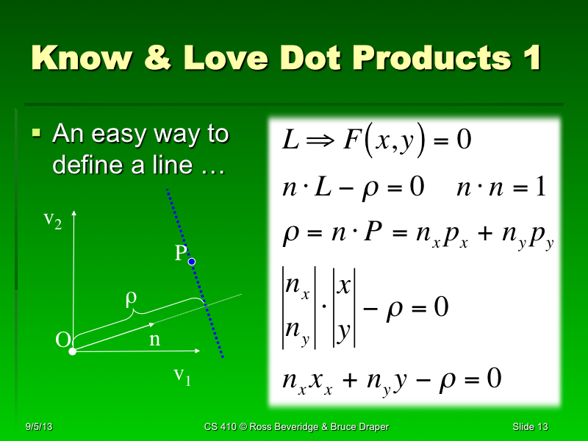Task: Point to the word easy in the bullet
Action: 129,135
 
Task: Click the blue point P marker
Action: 192,261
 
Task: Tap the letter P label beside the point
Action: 180,254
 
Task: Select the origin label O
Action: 63,340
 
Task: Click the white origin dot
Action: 73,352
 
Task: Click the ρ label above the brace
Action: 132,299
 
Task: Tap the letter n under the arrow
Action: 154,340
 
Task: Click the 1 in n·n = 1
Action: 541,187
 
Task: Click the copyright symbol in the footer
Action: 254,427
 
